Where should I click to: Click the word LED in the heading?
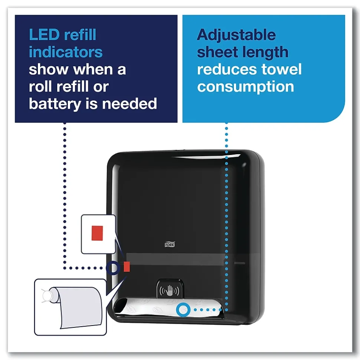pyautogui.click(x=42, y=35)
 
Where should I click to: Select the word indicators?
pyautogui.click(x=66, y=52)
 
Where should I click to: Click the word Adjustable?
pyautogui.click(x=236, y=35)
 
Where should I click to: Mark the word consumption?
pyautogui.click(x=246, y=87)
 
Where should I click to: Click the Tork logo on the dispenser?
pyautogui.click(x=169, y=244)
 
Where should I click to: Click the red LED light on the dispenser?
pyautogui.click(x=127, y=266)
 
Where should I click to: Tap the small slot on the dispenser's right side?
pyautogui.click(x=240, y=264)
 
